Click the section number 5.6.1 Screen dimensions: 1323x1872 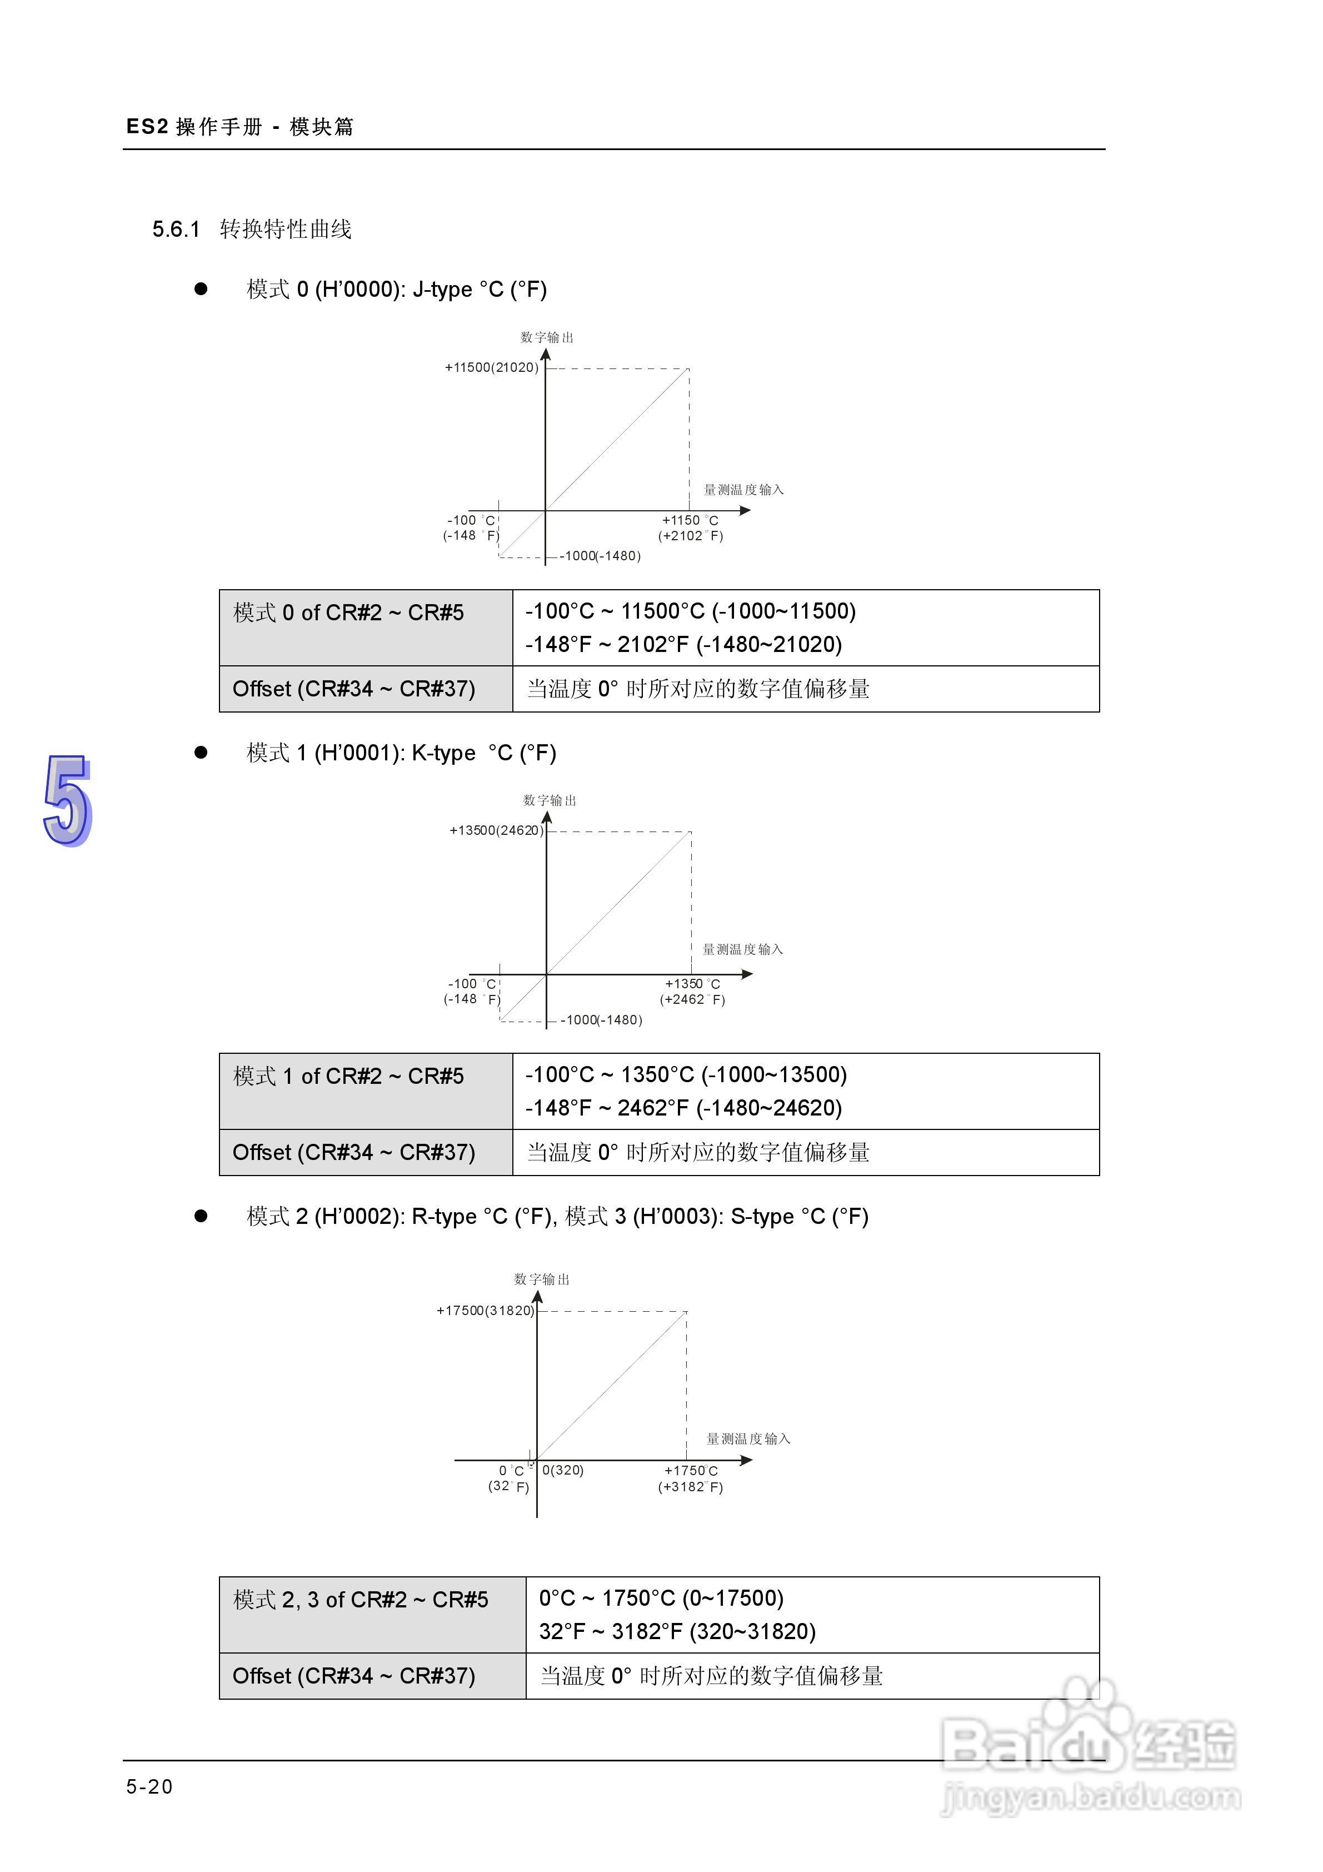tap(176, 229)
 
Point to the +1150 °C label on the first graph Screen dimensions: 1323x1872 tap(690, 520)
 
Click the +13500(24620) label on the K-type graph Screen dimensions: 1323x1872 tap(496, 831)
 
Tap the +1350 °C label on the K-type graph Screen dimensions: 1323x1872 tap(692, 984)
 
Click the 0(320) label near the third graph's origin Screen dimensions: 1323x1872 tap(562, 1470)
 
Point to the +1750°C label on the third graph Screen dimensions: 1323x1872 tap(691, 1471)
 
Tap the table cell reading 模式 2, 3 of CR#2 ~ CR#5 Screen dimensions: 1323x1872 tap(360, 1600)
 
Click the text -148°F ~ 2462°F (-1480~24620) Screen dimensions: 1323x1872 tap(683, 1108)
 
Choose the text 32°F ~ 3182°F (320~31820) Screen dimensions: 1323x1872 tap(677, 1631)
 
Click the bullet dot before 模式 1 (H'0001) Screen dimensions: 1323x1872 tap(201, 753)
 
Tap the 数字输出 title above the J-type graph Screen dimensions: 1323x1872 tap(547, 337)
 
